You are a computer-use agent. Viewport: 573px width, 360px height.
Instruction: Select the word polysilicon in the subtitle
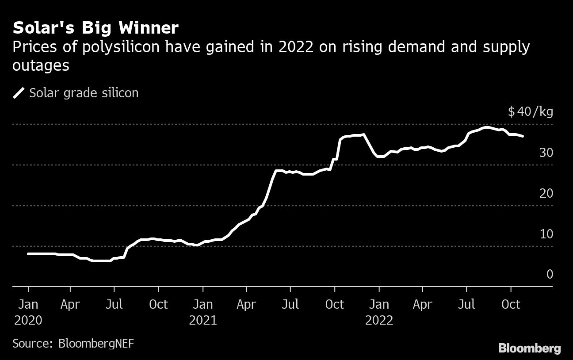pos(111,47)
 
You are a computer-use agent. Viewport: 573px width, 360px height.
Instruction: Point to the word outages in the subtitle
pos(41,65)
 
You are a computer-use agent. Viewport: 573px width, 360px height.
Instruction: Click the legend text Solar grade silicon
pos(84,93)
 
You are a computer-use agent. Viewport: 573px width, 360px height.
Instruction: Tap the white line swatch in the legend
pos(19,93)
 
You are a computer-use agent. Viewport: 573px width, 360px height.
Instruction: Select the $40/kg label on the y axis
pos(530,112)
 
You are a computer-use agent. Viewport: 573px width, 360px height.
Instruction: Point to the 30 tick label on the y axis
pos(546,153)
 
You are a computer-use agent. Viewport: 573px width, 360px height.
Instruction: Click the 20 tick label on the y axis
pos(546,193)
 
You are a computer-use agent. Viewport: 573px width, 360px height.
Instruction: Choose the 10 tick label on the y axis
pos(546,234)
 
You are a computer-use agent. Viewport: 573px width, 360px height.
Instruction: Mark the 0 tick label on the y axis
pos(550,274)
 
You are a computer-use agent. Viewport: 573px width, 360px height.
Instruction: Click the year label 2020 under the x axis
pos(28,320)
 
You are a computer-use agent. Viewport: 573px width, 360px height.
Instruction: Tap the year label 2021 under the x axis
pos(203,320)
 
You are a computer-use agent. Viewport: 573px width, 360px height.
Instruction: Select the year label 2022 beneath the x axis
pos(379,320)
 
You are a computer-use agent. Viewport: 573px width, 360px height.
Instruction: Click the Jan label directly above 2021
pos(203,305)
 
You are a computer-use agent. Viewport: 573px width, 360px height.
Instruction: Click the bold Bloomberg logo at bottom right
pos(529,349)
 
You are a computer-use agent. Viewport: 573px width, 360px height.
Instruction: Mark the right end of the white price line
pos(523,136)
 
